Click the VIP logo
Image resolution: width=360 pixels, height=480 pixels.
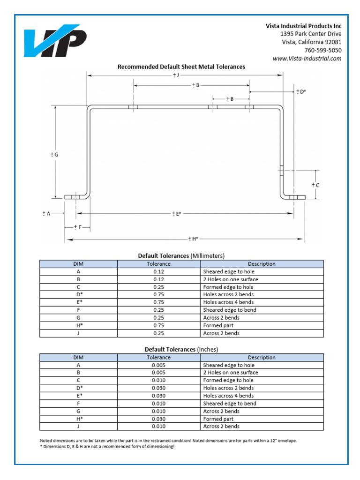pos(55,43)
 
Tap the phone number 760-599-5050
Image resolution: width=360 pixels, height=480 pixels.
pos(322,50)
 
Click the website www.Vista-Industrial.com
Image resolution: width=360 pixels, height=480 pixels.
pos(307,59)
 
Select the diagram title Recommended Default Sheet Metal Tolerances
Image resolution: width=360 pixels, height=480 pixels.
pos(181,67)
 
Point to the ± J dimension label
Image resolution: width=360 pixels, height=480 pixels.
pos(176,75)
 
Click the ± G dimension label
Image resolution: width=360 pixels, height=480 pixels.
pos(54,154)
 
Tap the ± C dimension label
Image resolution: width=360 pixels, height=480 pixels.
pos(315,185)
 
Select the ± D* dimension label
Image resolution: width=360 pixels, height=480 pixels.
pos(300,91)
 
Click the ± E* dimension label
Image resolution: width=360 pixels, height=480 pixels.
pos(176,214)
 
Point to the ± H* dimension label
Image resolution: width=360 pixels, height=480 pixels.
pos(193,239)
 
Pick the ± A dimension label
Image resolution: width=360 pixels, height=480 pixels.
pos(46,214)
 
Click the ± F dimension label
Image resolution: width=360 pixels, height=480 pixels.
pos(77,227)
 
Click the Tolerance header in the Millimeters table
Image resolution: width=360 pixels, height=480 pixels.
pos(158,264)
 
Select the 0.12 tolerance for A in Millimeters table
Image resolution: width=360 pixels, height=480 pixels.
pos(158,271)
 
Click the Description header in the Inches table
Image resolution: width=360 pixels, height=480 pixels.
pos(262,357)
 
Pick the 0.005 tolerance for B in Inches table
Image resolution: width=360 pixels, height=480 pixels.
pos(158,373)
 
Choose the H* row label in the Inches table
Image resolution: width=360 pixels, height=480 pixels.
pos(78,419)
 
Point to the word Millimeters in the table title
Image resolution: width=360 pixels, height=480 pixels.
pos(208,256)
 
